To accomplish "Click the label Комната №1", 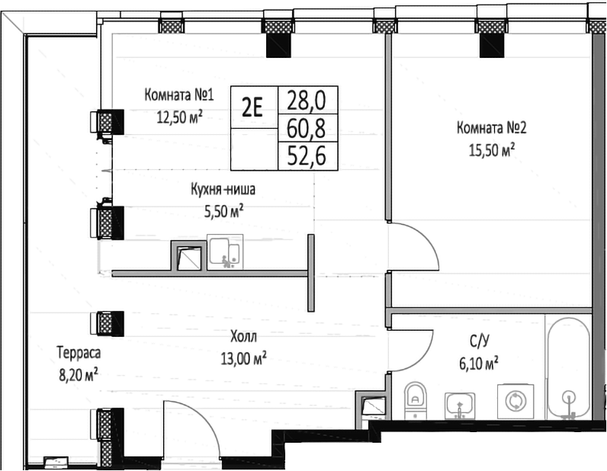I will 178,96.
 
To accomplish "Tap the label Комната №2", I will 492,127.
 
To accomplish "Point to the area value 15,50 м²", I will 492,149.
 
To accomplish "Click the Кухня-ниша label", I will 223,191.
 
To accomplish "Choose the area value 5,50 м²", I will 223,211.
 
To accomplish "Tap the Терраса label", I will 79,353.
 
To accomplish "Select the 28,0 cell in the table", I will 306,99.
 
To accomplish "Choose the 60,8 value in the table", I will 306,127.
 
